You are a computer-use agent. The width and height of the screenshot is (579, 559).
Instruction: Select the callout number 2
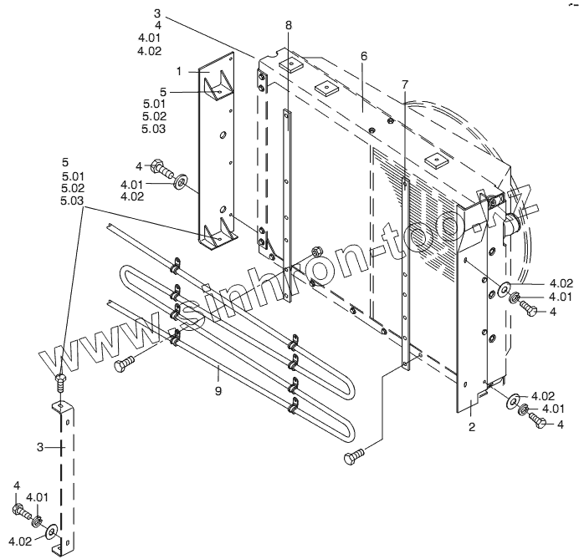(x=472, y=427)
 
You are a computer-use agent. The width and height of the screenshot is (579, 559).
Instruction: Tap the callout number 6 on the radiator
(x=364, y=57)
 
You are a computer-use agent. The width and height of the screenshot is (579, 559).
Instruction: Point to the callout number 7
(x=405, y=84)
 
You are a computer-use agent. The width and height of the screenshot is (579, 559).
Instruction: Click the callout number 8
(x=289, y=26)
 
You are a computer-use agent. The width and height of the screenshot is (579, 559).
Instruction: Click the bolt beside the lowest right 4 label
(x=539, y=423)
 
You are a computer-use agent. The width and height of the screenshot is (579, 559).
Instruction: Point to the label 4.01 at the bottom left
(x=40, y=498)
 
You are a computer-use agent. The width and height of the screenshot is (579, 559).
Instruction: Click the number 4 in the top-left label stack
(x=158, y=26)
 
